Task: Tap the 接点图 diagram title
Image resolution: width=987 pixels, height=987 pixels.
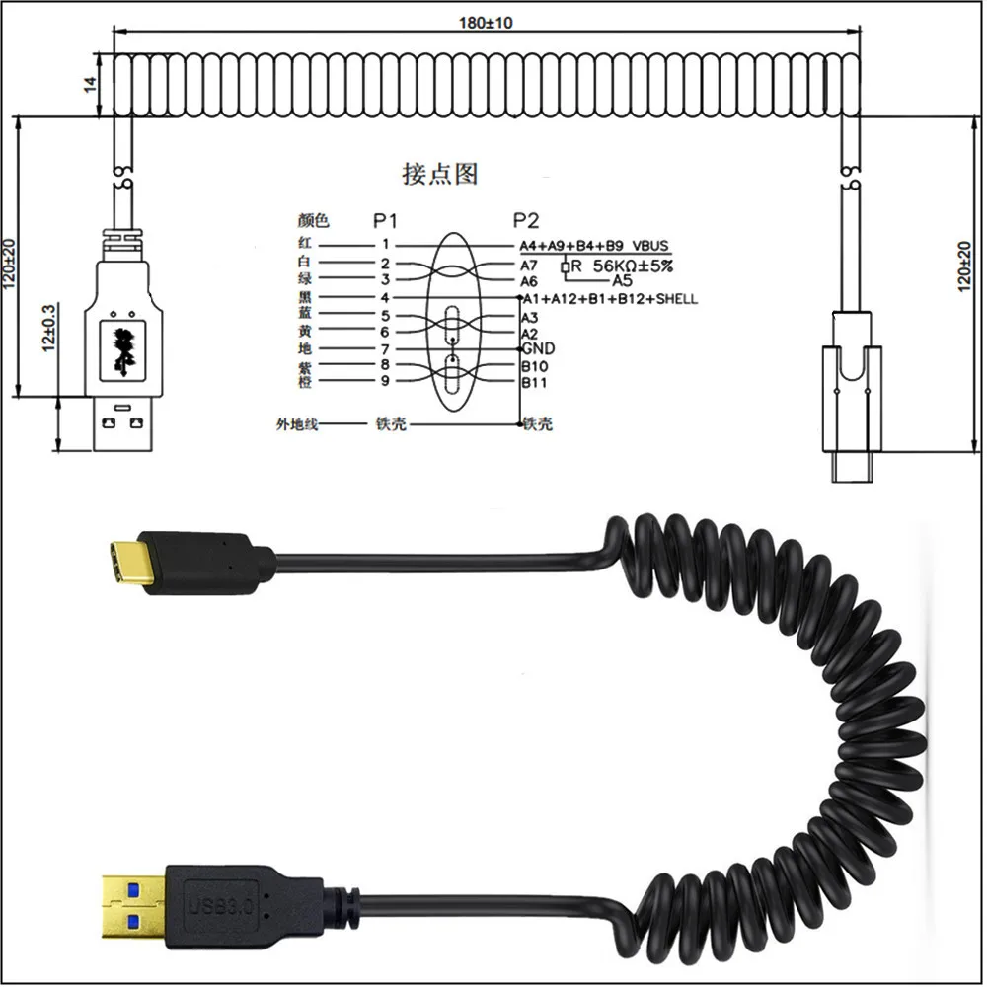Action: (440, 174)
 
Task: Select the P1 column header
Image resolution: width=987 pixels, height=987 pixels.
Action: (386, 220)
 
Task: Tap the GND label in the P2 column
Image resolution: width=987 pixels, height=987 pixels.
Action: (538, 349)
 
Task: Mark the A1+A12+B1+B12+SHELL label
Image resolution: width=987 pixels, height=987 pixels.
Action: (609, 298)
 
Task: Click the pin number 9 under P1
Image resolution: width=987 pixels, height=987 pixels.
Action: (385, 381)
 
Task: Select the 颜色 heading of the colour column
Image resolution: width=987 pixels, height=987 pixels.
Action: (312, 221)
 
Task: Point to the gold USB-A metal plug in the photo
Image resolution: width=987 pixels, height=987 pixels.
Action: (133, 901)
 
